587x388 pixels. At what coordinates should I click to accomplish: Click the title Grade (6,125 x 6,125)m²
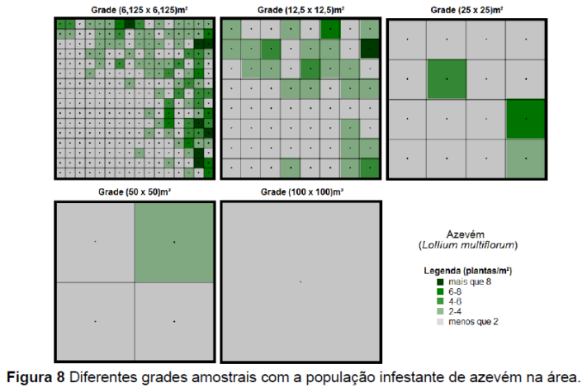135,10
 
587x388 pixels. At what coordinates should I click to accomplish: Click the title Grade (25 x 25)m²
466,10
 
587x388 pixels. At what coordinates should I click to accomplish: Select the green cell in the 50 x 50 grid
174,242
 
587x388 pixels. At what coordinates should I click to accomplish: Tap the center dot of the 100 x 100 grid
301,282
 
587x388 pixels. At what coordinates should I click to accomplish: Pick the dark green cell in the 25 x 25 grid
526,119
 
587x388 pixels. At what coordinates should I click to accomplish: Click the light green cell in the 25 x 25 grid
526,159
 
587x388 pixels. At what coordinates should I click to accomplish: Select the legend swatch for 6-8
442,292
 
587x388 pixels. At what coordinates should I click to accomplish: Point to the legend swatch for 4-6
442,302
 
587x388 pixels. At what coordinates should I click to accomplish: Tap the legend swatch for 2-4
442,311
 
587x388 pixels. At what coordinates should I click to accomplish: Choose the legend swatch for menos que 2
442,321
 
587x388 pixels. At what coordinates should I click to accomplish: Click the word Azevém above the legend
468,234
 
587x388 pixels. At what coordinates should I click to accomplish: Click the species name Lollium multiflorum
468,244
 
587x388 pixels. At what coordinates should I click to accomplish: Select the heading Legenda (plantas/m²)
468,271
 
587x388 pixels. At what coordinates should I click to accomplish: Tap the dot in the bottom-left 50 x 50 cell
95,321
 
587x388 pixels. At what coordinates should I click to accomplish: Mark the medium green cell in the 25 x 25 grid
447,79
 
